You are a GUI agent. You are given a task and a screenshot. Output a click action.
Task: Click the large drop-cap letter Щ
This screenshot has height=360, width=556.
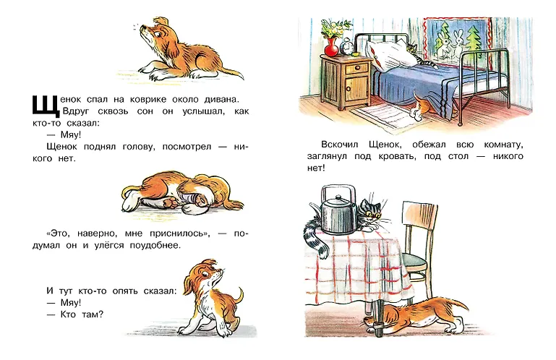[46, 106]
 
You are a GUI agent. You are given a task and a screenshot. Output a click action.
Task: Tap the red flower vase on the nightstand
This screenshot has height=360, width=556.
[332, 48]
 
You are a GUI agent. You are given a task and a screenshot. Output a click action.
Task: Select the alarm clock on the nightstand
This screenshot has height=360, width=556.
[347, 46]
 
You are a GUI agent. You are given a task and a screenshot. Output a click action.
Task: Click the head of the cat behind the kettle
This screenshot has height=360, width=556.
[371, 211]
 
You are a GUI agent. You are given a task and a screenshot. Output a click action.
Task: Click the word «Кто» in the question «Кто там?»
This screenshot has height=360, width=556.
[68, 314]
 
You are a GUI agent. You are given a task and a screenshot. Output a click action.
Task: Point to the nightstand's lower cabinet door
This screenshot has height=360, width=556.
[354, 88]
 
